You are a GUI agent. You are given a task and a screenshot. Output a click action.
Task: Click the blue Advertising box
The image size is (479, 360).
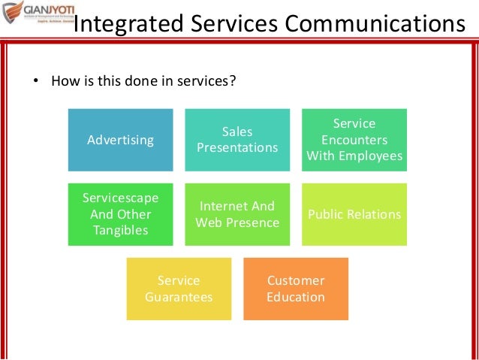120,140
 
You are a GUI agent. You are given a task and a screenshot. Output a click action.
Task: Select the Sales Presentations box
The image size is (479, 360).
237,140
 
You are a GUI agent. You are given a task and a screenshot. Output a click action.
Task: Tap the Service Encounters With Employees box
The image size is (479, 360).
354,140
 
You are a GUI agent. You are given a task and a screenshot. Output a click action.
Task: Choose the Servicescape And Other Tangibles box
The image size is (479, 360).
120,214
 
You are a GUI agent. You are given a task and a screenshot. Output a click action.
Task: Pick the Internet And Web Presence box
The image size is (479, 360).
237,214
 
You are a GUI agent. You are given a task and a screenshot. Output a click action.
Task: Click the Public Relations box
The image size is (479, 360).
354,214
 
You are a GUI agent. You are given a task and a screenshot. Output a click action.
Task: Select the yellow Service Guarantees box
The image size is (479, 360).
179,289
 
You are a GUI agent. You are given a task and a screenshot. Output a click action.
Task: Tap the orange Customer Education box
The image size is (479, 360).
296,289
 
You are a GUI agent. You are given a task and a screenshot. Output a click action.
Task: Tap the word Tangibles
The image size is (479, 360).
120,231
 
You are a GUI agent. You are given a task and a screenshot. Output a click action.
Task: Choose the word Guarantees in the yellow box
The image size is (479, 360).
179,297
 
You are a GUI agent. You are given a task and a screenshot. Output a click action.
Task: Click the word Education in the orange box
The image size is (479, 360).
296,297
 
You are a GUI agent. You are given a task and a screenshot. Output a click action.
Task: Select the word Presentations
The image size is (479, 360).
237,147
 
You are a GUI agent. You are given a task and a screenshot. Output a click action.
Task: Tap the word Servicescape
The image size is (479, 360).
120,198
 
